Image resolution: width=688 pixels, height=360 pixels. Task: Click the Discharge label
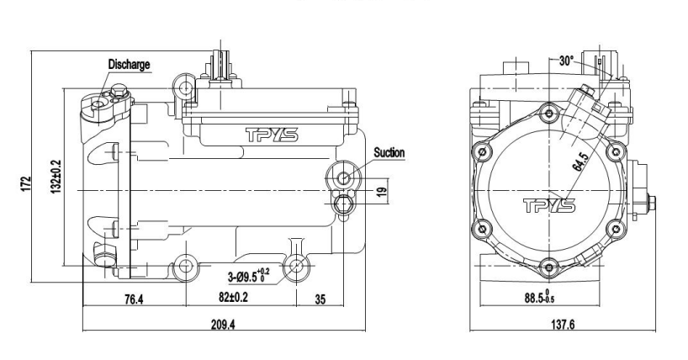[129, 64]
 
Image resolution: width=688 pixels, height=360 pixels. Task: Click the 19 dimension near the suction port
[383, 192]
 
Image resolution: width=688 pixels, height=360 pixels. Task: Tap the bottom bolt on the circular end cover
[548, 267]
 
